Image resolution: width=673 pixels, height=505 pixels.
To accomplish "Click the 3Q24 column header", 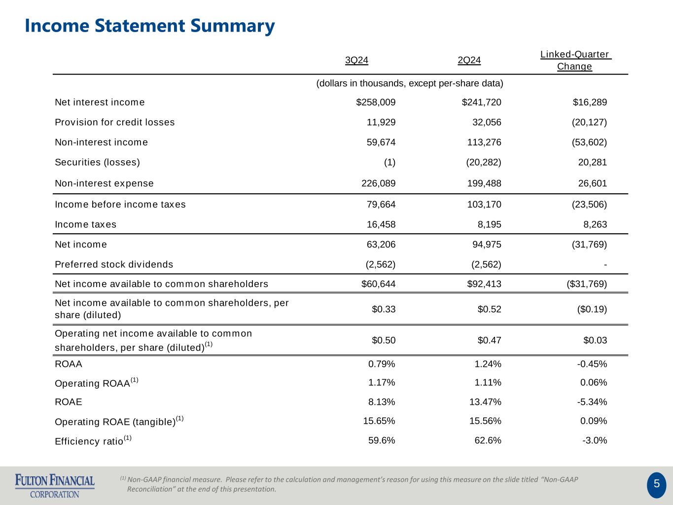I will pos(356,61).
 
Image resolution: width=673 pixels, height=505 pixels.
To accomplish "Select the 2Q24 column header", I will pos(469,61).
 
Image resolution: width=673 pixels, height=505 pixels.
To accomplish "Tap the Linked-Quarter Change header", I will pos(575,61).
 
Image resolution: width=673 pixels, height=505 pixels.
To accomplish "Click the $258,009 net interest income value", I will pos(376,103).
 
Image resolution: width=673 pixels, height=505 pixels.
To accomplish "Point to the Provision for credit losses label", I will pos(114,122).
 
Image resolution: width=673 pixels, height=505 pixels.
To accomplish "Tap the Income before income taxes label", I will pos(120,205).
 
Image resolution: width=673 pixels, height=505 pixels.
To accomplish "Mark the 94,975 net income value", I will pos(484,245).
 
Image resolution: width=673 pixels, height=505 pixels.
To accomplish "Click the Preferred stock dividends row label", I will pos(114,264).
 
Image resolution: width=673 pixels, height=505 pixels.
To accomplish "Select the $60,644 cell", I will pos(378,284).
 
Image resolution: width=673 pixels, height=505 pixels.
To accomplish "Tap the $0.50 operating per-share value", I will pos(384,340).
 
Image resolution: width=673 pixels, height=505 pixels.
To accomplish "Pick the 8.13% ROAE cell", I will pos(382,402).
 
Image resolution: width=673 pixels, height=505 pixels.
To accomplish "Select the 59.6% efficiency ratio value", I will pos(382,440).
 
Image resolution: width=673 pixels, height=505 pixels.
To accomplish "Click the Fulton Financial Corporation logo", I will pos(55,486).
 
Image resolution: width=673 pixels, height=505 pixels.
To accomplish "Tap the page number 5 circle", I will pos(656,484).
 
